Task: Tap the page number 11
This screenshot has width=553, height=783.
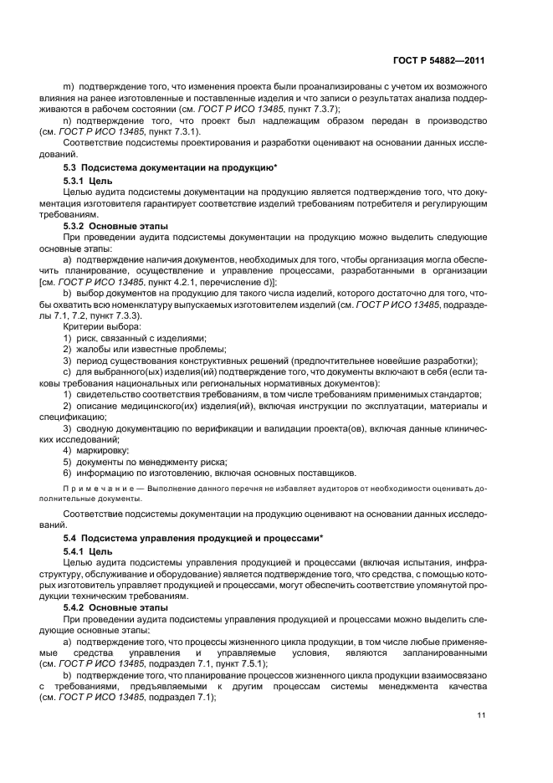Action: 481,714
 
